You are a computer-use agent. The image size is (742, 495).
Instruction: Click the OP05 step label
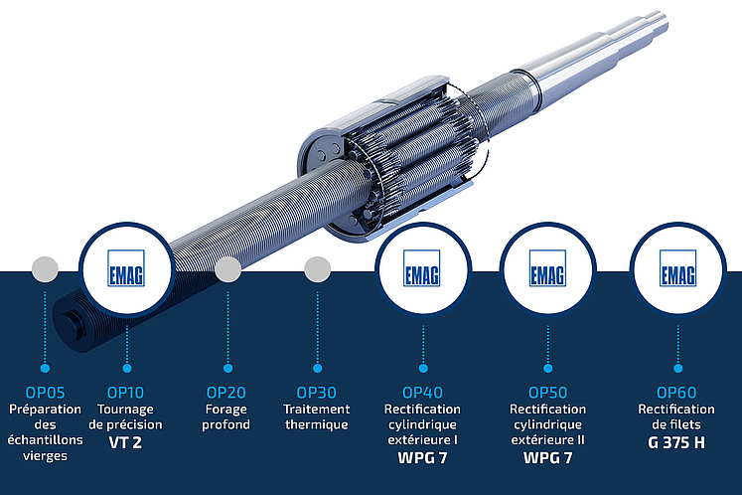click(x=45, y=393)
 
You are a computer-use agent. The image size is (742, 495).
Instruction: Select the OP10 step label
click(x=125, y=393)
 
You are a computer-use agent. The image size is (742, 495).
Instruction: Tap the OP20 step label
click(x=226, y=393)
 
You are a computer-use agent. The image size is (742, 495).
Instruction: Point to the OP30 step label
click(x=316, y=393)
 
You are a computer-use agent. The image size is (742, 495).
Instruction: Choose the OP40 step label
click(x=422, y=393)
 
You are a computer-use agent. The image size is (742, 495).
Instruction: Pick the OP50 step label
click(x=548, y=393)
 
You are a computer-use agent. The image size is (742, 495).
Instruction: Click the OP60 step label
click(x=676, y=393)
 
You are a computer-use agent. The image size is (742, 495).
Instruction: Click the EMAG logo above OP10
click(x=126, y=268)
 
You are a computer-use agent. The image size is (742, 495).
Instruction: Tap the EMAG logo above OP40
click(x=421, y=268)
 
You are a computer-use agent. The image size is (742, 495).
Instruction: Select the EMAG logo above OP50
click(x=547, y=268)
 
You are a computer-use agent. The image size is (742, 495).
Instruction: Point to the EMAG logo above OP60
click(x=677, y=268)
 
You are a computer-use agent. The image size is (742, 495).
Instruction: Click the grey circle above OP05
click(x=45, y=269)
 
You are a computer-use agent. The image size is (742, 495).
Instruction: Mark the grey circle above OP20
click(x=228, y=269)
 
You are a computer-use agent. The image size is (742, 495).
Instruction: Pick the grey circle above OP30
click(x=318, y=269)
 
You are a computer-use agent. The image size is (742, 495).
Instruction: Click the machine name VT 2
click(x=125, y=442)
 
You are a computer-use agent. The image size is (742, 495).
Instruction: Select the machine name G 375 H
click(x=676, y=442)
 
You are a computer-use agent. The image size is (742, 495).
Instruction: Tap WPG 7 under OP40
click(x=422, y=458)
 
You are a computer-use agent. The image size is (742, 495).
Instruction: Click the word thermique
click(x=316, y=424)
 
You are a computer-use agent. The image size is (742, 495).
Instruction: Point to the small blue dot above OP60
click(x=677, y=368)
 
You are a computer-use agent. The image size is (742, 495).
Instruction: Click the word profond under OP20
click(x=226, y=424)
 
